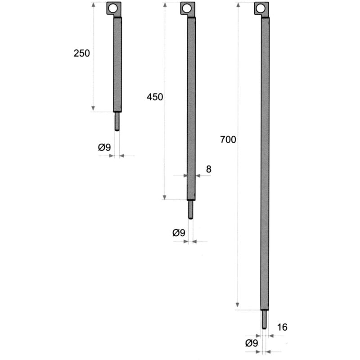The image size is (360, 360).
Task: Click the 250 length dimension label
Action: point(82,53)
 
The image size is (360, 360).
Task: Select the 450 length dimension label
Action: point(155,97)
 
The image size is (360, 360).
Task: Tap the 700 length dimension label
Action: point(228,139)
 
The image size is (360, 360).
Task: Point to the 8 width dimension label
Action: point(208,169)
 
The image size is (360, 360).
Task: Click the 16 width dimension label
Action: point(283,327)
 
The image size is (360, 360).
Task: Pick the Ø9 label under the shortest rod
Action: point(104,147)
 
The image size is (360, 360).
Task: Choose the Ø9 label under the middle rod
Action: point(179,233)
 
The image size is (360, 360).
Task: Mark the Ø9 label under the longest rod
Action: point(252,343)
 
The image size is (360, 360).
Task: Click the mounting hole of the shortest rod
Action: point(112,8)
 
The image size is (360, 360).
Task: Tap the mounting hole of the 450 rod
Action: point(186,8)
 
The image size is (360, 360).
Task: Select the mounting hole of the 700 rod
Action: point(260,8)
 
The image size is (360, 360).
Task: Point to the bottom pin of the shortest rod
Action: point(117,121)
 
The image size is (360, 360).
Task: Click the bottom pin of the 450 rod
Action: point(191,209)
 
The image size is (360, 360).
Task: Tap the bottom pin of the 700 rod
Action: point(265,319)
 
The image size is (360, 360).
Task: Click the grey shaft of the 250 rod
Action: point(117,63)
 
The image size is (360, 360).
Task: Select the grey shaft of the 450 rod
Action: point(191,108)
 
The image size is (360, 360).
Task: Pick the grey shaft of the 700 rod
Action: point(265,162)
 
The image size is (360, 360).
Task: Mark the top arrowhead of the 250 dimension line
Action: point(93,4)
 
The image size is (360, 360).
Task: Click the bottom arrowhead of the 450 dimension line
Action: point(165,197)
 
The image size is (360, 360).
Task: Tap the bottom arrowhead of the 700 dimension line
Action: point(238,307)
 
